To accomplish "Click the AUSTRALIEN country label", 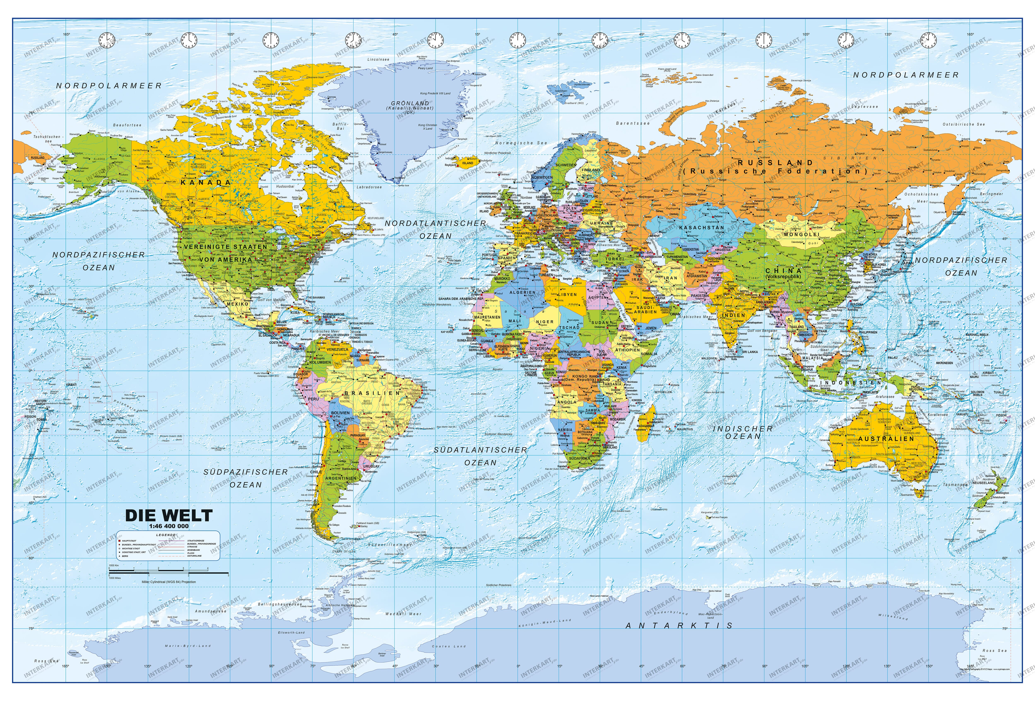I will coord(886,439).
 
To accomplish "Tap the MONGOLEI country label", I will coord(802,234).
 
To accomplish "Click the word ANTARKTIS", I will coord(679,625).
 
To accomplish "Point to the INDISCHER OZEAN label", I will coord(743,432).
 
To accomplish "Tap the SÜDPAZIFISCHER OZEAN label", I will coord(246,478).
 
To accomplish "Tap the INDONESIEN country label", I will coord(851,383).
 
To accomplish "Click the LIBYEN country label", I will coord(569,295).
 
